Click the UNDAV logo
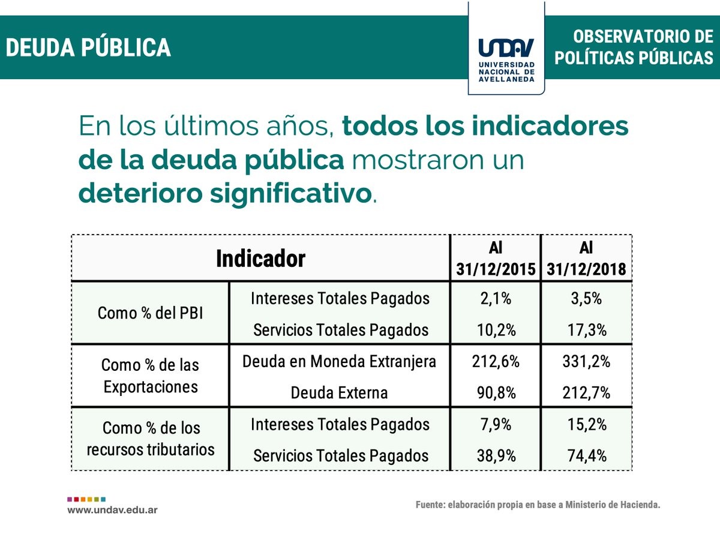[506, 56]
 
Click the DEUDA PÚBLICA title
[88, 48]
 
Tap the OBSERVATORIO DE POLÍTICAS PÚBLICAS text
[634, 47]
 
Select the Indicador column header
[260, 259]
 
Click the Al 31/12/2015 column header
[496, 259]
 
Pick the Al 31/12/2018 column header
[586, 259]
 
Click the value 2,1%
[496, 298]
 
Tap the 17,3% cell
[586, 329]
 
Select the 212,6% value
[496, 362]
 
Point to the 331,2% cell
[586, 362]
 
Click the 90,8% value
[496, 393]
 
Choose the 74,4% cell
[586, 455]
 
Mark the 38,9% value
[496, 455]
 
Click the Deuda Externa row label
[339, 393]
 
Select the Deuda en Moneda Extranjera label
[339, 362]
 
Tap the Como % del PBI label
[150, 313]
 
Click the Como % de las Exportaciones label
[150, 376]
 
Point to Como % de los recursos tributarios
[150, 439]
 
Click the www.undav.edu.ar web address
[112, 510]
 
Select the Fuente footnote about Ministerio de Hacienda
[538, 505]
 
